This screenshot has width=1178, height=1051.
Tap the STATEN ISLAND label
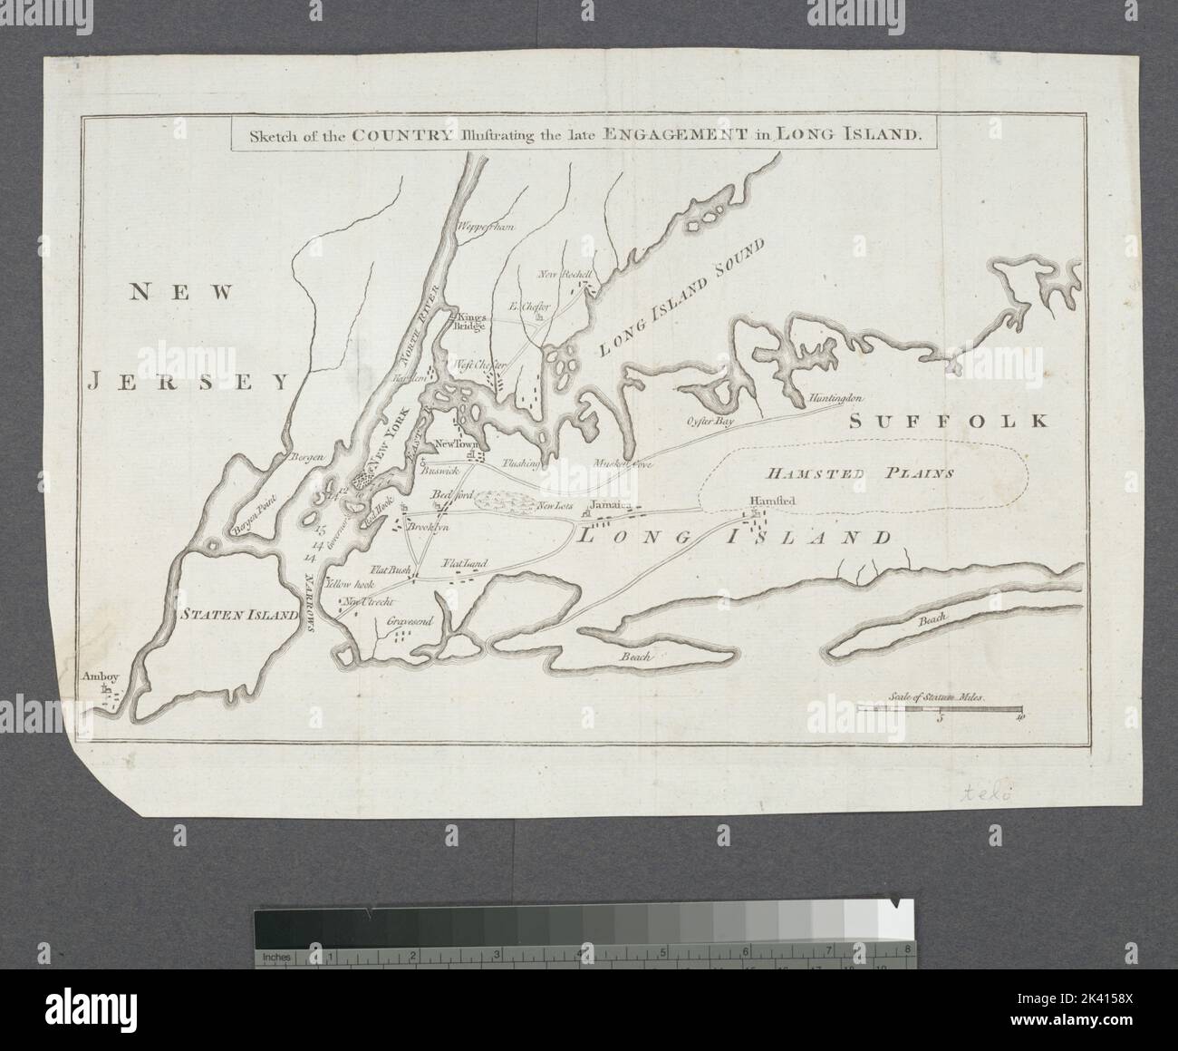237,614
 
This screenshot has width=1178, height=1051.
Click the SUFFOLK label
949,421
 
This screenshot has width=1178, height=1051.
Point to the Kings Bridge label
473,321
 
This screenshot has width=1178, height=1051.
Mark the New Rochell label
565,274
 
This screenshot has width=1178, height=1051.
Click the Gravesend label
412,622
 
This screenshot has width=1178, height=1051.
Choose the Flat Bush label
390,570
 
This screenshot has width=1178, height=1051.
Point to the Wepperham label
486,226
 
